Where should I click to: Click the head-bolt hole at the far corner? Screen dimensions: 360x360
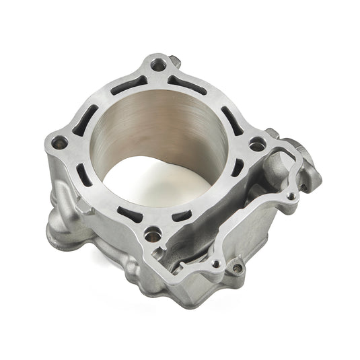click(159, 66)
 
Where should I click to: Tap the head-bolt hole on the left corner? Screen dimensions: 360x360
click(60, 142)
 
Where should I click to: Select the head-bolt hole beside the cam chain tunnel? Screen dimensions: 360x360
click(256, 143)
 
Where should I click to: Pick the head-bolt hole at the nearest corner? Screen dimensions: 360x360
click(154, 234)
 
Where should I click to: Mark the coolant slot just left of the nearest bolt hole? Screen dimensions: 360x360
click(127, 215)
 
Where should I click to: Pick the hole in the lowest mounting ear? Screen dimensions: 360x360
click(237, 268)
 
